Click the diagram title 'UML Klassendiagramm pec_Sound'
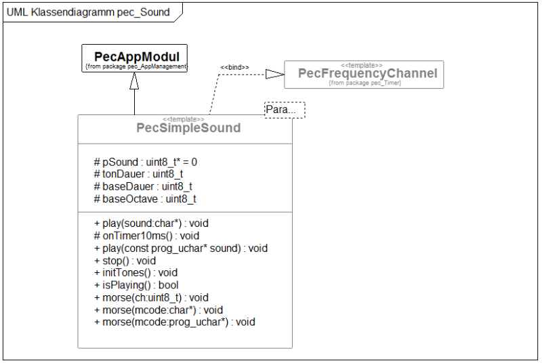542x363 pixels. pos(87,12)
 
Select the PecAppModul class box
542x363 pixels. pos(135,58)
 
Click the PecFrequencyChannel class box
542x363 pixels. pos(364,74)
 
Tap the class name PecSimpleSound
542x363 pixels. pos(188,127)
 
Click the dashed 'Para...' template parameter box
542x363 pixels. pos(284,110)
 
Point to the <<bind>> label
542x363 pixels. pos(234,67)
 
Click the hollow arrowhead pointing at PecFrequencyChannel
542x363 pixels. pos(275,74)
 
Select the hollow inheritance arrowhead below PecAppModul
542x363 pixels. pos(134,81)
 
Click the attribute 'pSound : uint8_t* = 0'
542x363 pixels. pos(146,163)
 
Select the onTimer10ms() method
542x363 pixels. pos(146,236)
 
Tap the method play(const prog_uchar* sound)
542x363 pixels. pos(181,249)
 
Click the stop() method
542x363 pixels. pos(125,261)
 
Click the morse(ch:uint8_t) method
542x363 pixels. pos(151,297)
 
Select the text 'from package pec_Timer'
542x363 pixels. pos(364,83)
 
